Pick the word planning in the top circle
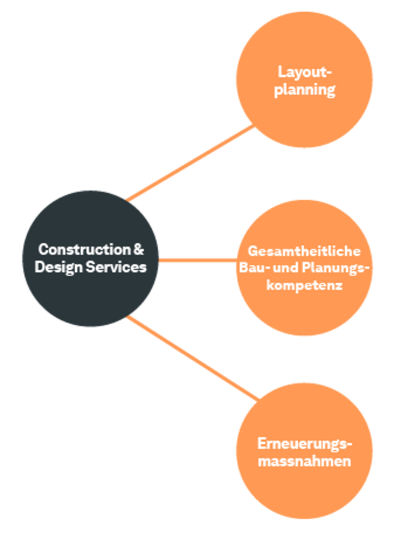[305, 90]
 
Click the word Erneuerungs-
[305, 444]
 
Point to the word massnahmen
[305, 462]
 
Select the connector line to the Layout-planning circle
[192, 163]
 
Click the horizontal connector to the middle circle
[197, 260]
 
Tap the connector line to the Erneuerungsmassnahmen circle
[192, 356]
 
